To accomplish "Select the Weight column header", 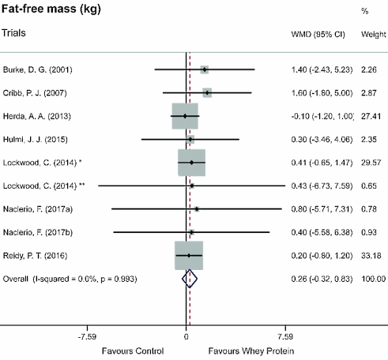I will [x=372, y=36].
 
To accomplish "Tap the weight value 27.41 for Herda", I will [x=371, y=117].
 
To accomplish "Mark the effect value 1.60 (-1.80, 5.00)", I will [x=323, y=93].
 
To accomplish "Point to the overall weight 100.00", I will [x=371, y=279].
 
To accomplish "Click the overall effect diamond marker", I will [x=189, y=279].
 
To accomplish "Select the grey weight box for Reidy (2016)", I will [x=189, y=256].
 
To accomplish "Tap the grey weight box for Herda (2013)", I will [x=185, y=116].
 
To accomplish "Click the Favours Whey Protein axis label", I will [x=247, y=350].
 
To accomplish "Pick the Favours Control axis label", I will [x=132, y=350].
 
